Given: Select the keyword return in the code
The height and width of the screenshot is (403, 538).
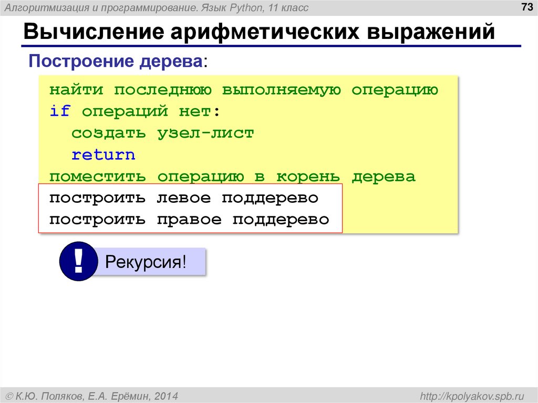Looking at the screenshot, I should point(104,155).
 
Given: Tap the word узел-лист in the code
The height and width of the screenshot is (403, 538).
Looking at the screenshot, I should point(205,133).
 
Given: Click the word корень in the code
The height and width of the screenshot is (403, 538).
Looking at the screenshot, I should point(308,177).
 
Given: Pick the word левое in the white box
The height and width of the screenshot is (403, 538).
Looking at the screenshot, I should point(184,199).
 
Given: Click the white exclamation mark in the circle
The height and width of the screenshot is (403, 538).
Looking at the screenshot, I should point(78,261).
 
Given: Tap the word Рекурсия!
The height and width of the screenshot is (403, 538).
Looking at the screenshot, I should point(146,262).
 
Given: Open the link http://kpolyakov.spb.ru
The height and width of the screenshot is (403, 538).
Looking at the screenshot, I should point(470,395).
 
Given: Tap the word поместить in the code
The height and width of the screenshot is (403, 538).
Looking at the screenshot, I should point(98,177).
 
